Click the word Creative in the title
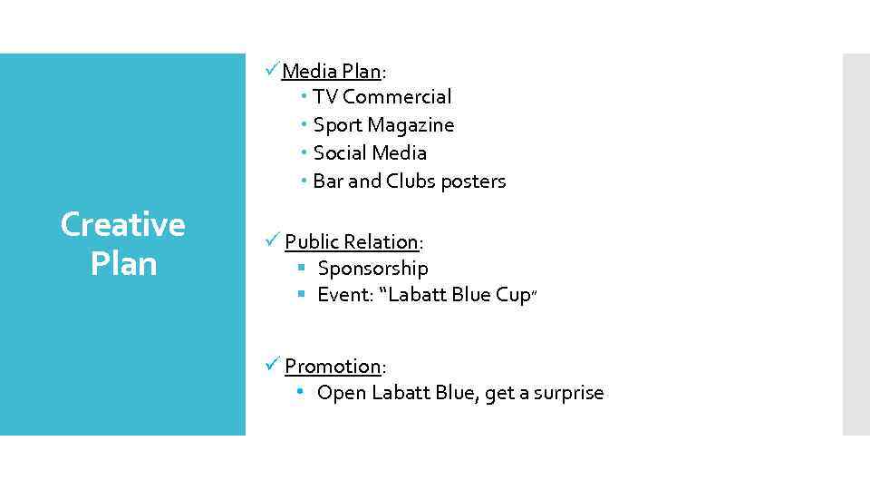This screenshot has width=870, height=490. coord(122,224)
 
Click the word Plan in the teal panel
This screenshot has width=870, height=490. coord(123,264)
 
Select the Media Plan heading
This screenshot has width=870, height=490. coord(332,71)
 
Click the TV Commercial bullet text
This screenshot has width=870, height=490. coord(382,97)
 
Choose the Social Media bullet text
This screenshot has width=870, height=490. coord(370,153)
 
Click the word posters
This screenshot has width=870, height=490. coord(472,181)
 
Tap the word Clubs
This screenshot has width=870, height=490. coord(411,181)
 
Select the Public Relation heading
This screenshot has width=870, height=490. coord(352,241)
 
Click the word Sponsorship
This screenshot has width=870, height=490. coord(372,269)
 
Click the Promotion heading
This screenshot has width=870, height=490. coord(333,367)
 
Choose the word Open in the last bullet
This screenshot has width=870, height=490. coord(340,393)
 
